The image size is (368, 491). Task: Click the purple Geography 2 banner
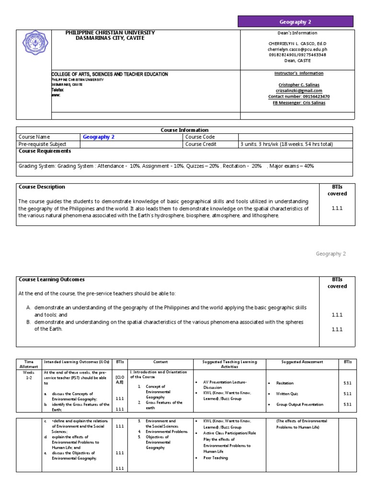tap(296, 22)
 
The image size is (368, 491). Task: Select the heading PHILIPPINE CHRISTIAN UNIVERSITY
tap(110, 33)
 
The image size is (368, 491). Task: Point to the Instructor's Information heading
tap(299, 73)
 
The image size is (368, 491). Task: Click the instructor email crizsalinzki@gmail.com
tap(298, 91)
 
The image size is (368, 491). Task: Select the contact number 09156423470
tap(299, 96)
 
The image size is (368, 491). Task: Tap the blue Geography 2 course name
tap(99, 137)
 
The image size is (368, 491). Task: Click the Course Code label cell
tap(200, 137)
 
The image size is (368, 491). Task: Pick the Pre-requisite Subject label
tap(42, 144)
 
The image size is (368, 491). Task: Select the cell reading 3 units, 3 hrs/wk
tap(286, 144)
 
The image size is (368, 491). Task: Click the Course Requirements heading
tap(45, 151)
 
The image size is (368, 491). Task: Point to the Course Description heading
tap(42, 187)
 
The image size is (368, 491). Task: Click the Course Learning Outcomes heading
tap(51, 280)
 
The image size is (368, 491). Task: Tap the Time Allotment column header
tap(29, 364)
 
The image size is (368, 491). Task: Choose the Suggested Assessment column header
tap(302, 362)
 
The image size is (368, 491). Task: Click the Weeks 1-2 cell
tap(29, 375)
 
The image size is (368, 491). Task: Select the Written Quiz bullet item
tap(287, 394)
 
